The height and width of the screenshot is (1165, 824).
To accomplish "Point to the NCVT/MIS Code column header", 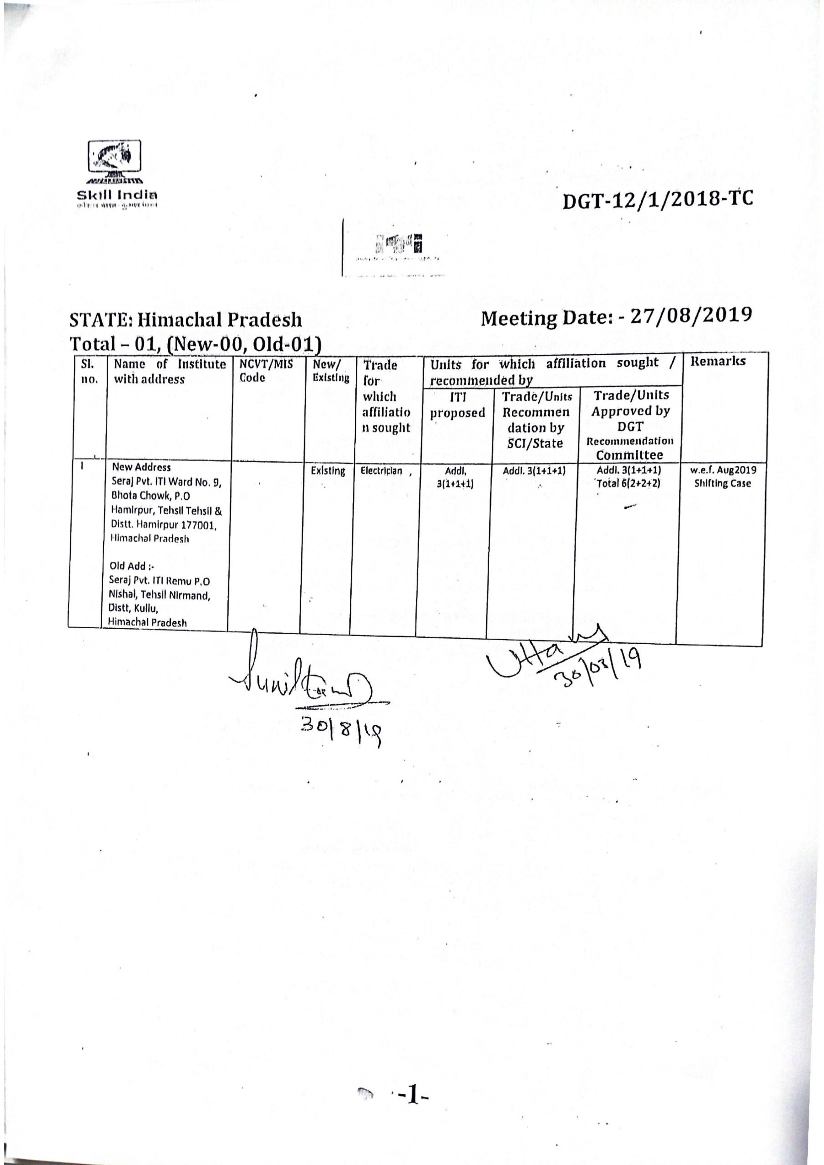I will [266, 370].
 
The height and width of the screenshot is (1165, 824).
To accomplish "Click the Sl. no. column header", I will [90, 371].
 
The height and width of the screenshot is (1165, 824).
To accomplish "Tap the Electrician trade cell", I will [382, 471].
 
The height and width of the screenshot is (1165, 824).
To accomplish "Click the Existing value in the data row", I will [328, 471].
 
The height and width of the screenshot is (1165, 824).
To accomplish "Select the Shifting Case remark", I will [722, 484].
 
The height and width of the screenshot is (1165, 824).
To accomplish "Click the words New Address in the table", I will [141, 467].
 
